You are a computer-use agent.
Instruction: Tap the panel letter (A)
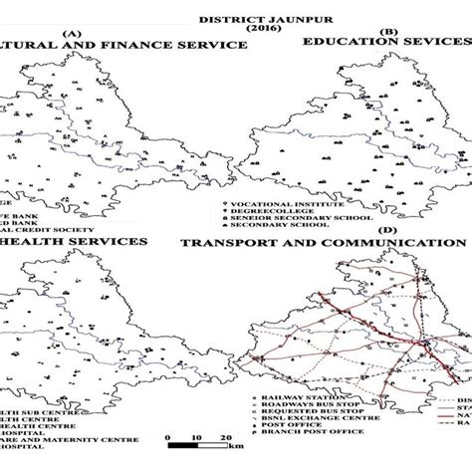coord(71,33)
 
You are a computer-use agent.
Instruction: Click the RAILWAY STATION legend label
coord(296,395)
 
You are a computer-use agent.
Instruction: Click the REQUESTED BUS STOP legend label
coord(305,413)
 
